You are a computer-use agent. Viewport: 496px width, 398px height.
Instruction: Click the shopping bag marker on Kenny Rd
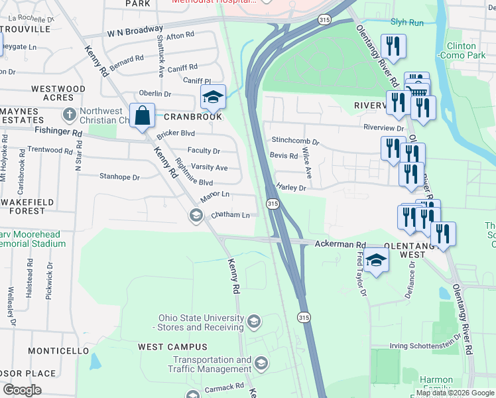pos(143,116)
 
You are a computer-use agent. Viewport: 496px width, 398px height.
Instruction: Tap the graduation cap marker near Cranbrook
pos(214,98)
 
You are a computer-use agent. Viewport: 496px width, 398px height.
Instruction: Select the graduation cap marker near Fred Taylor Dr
pos(376,260)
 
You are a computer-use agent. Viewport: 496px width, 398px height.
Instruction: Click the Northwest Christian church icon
pos(68,114)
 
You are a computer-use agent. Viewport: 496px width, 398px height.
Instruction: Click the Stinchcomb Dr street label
pos(296,141)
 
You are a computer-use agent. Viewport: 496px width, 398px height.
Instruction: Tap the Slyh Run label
pos(406,23)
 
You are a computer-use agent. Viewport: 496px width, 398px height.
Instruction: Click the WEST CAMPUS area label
pos(173,347)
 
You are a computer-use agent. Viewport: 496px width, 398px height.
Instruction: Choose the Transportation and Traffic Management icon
pos(261,364)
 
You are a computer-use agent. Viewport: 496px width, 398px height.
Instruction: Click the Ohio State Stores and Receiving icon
pos(253,322)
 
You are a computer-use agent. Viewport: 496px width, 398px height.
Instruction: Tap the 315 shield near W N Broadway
pos(324,21)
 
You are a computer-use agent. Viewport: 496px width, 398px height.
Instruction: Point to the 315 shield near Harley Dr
pos(272,204)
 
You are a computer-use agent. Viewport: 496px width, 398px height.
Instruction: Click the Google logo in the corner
pos(23,390)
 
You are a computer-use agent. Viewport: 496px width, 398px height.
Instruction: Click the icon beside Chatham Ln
pos(196,215)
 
